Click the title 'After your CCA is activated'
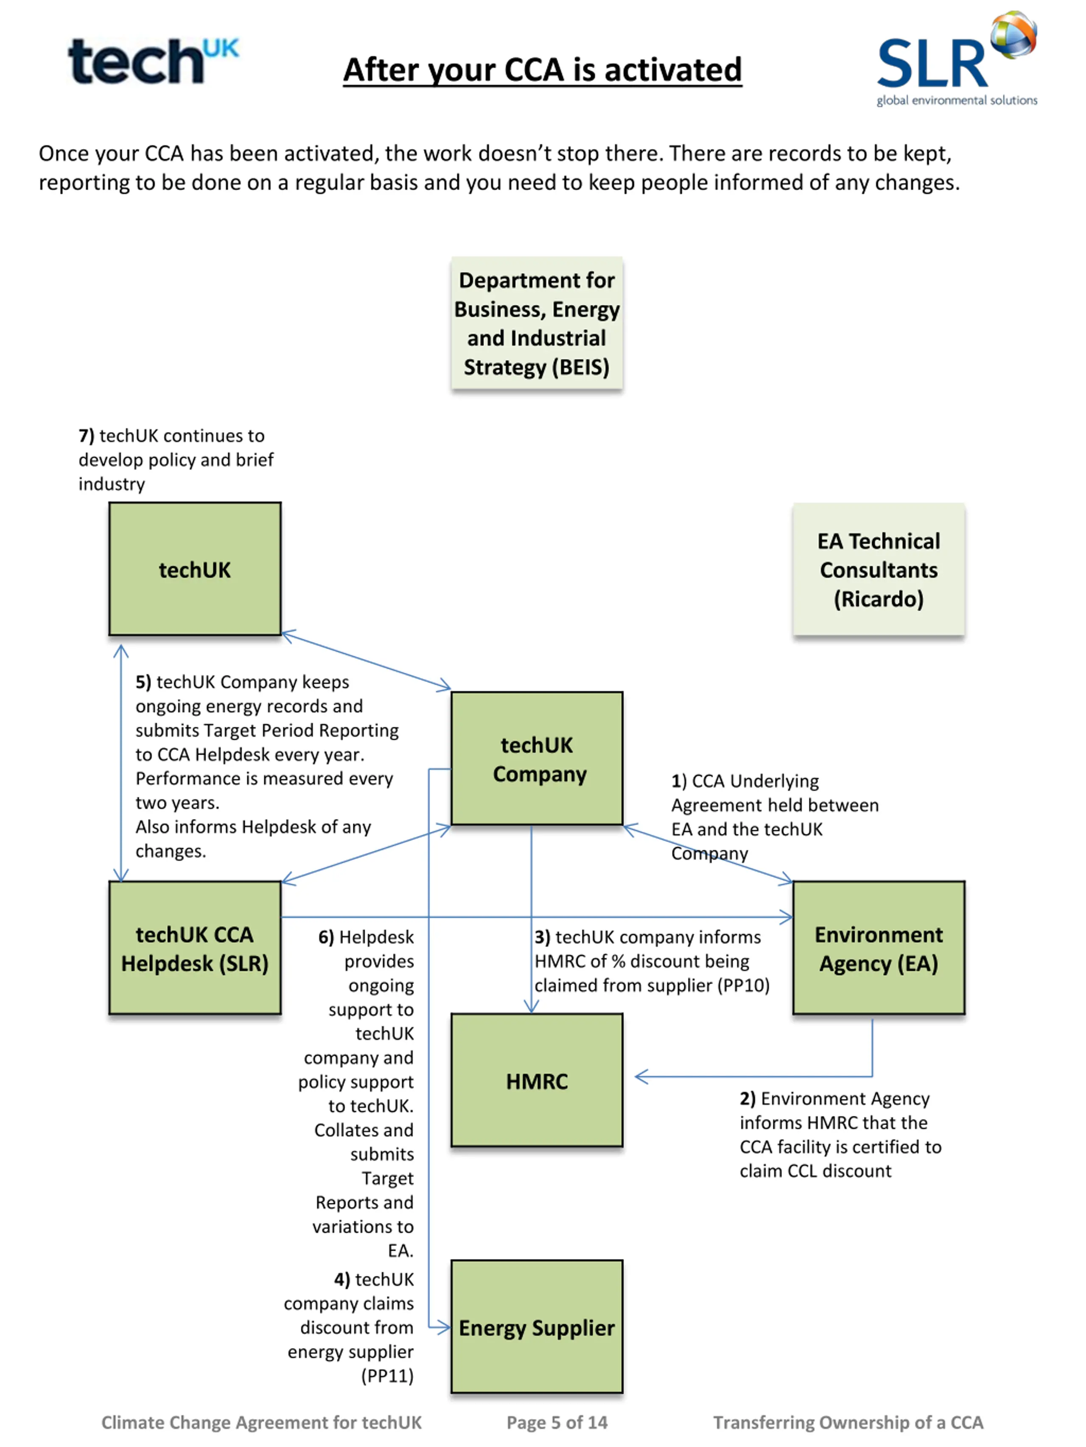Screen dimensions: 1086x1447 coord(543,70)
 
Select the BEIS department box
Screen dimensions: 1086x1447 coord(537,323)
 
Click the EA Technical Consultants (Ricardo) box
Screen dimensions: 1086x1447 coord(879,569)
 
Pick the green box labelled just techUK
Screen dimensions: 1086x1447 coord(195,569)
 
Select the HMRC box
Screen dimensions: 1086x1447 coord(537,1080)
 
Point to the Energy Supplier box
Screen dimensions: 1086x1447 coord(537,1327)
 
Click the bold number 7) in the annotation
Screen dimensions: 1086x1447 coord(87,436)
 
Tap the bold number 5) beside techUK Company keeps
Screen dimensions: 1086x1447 coord(143,682)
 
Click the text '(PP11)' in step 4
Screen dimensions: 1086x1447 coord(388,1376)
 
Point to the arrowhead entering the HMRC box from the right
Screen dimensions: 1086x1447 coord(641,1076)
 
